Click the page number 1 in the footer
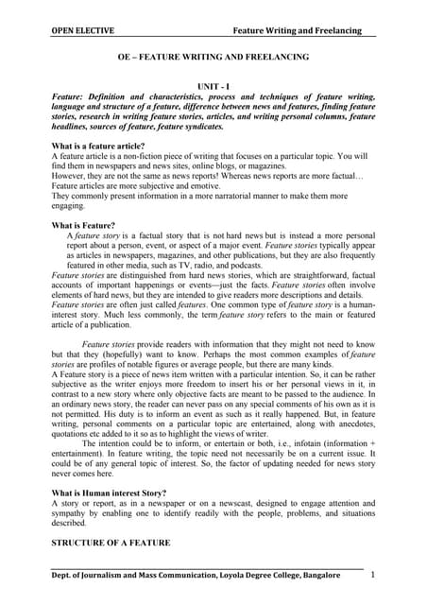(x=372, y=575)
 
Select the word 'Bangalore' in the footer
(x=338, y=576)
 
